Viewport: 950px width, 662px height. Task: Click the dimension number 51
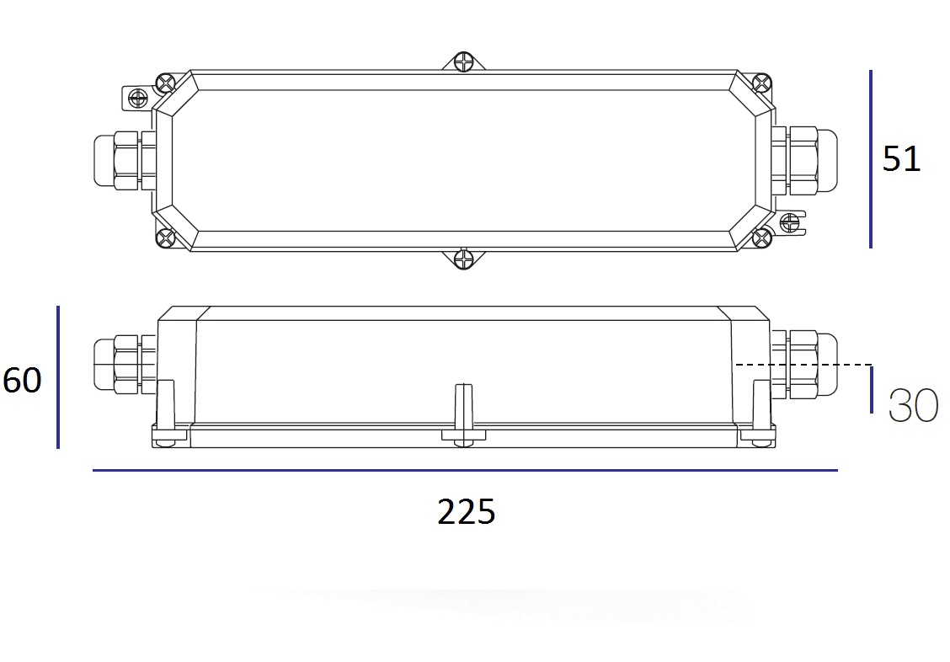point(901,158)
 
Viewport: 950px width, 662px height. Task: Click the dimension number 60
point(22,381)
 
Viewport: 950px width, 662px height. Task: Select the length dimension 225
point(466,512)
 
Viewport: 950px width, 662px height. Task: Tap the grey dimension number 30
point(913,406)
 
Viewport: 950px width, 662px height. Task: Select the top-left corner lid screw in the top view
point(165,84)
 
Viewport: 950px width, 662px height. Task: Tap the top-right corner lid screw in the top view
point(761,83)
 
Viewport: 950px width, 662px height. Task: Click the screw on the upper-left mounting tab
point(136,99)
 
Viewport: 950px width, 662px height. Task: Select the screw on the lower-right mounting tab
point(790,222)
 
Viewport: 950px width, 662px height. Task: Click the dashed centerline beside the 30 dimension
point(800,365)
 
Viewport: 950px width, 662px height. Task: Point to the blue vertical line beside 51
point(870,158)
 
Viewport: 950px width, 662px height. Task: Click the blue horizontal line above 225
point(465,470)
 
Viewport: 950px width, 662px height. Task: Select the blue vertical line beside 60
point(58,376)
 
